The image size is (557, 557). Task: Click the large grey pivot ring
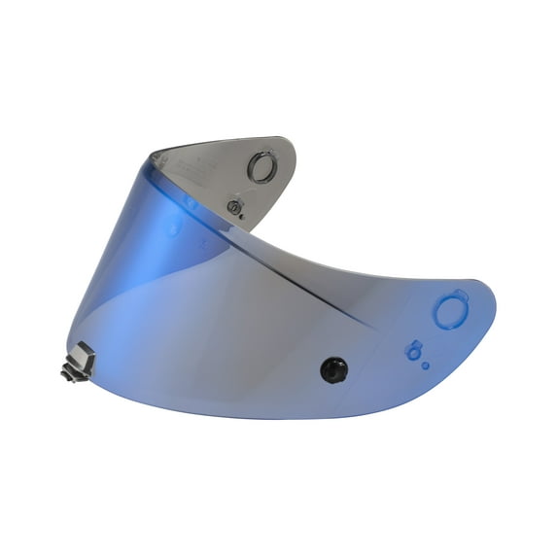tap(261, 168)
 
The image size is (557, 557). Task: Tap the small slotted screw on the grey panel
tap(233, 206)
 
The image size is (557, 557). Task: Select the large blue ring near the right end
tap(451, 312)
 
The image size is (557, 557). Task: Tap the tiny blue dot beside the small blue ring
tap(425, 366)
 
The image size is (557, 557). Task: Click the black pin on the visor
tap(332, 368)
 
